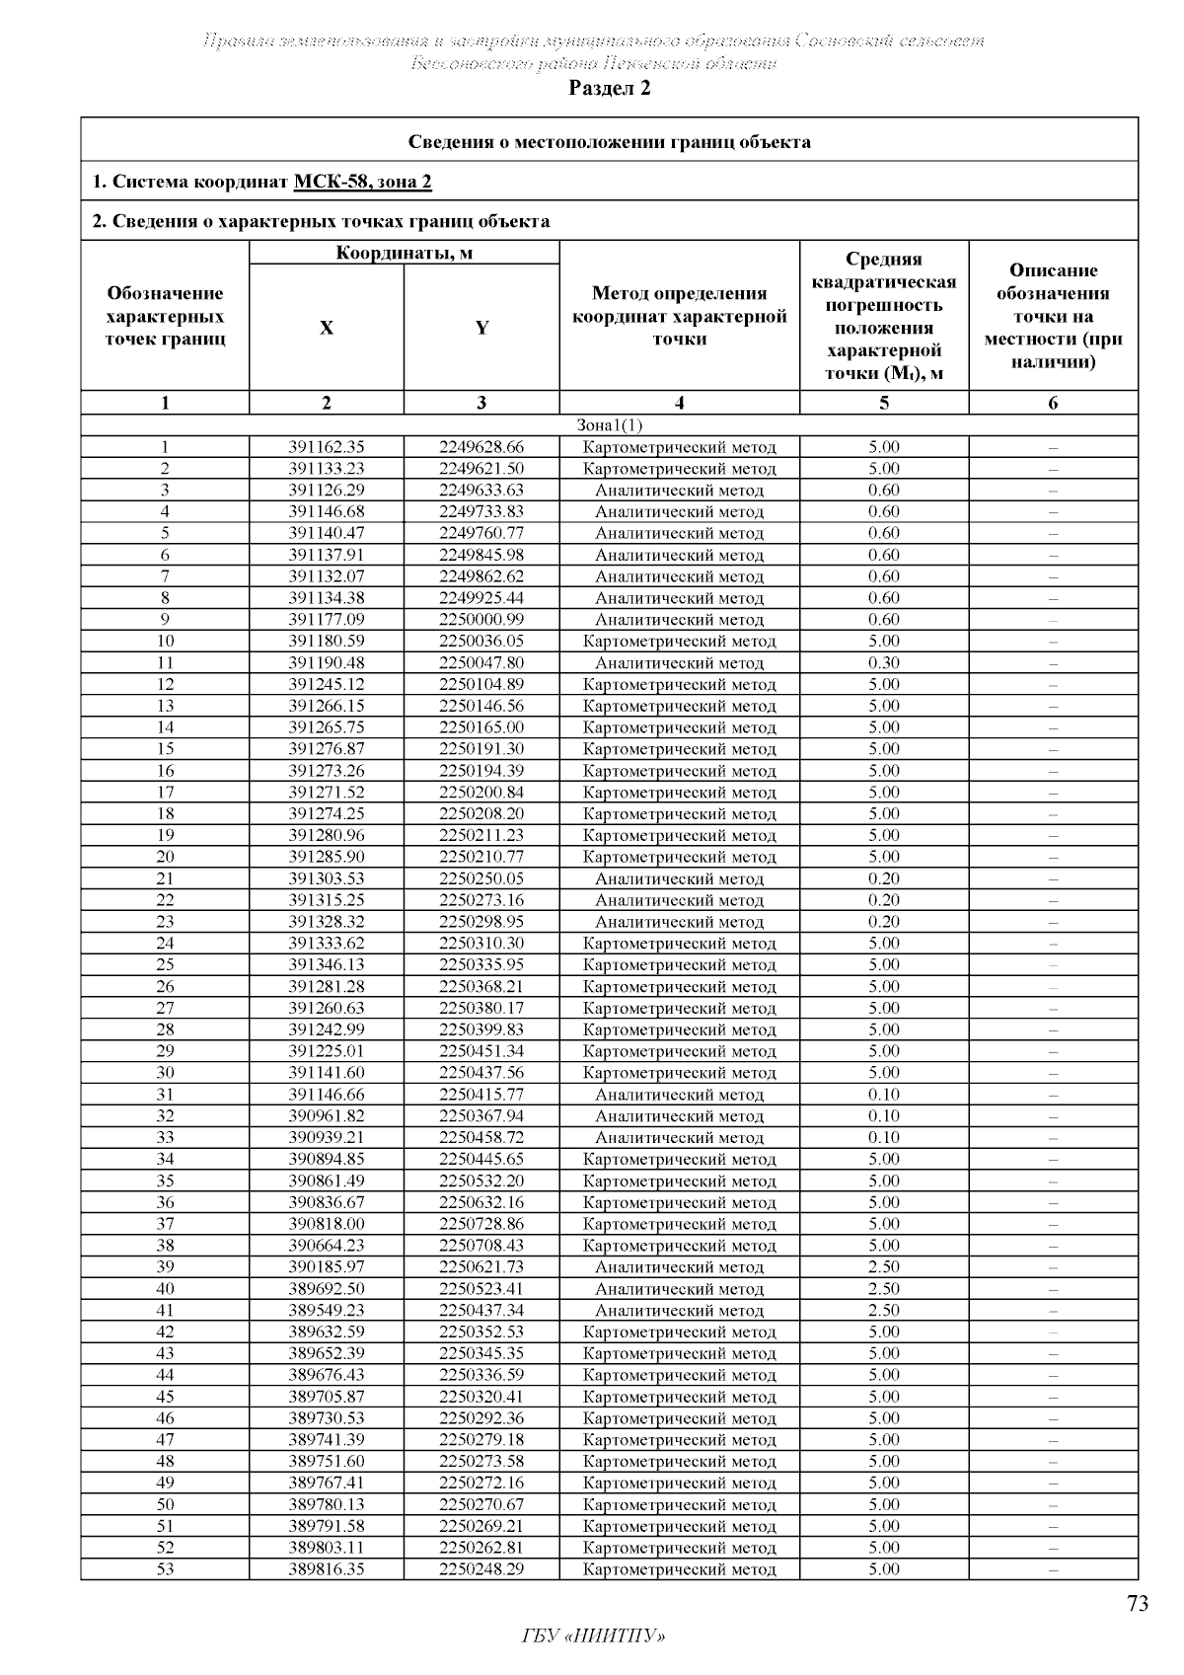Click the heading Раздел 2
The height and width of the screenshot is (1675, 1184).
610,88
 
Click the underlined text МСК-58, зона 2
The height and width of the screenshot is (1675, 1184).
362,182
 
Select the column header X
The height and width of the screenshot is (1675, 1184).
327,328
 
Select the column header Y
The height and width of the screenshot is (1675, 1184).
481,328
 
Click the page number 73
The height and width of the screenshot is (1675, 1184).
1137,1603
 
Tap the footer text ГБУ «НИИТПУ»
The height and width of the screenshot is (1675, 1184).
592,1637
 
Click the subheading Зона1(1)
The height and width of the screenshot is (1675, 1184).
609,425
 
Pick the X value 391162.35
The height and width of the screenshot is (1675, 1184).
327,447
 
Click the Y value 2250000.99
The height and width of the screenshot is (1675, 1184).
481,620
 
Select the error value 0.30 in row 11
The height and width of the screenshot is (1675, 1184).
883,663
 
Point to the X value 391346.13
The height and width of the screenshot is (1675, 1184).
327,965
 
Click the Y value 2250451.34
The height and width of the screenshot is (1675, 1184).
481,1051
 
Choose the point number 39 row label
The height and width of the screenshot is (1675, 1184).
165,1267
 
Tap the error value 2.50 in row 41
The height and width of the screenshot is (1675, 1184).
883,1311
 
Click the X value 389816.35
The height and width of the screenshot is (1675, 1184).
327,1569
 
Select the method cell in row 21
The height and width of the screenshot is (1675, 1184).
679,878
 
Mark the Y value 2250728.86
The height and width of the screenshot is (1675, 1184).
481,1224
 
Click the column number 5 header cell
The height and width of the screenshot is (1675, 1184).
883,403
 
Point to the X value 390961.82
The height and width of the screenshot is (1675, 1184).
327,1116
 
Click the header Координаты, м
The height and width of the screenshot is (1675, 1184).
404,253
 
